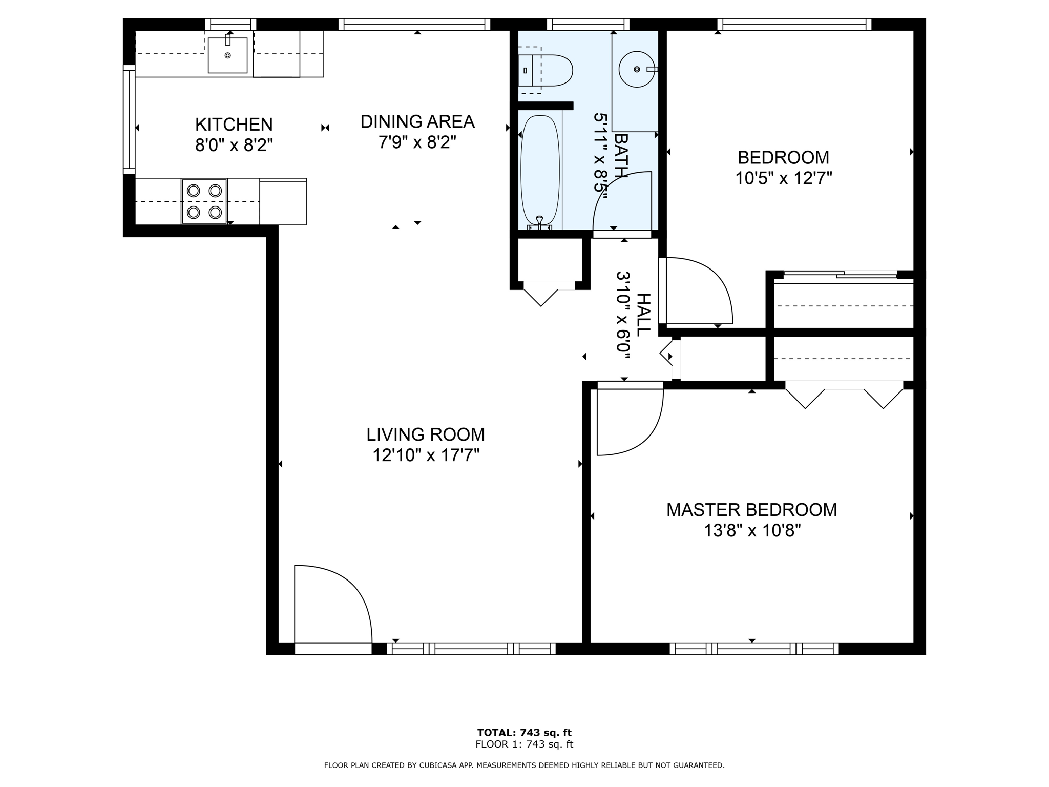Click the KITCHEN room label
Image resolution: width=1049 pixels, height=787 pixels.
click(x=234, y=125)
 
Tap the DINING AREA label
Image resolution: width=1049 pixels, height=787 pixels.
click(x=417, y=122)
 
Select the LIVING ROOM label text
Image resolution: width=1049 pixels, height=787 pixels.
click(x=426, y=434)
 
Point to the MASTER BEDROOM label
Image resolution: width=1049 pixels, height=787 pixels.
click(x=752, y=510)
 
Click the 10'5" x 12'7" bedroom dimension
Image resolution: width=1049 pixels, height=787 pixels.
click(x=784, y=178)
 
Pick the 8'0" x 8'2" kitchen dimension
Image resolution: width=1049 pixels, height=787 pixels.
click(x=234, y=146)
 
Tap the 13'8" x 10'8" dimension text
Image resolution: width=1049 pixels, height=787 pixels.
click(x=752, y=531)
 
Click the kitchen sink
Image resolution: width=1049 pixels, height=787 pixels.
click(x=228, y=55)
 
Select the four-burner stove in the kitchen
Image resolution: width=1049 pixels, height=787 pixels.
click(x=204, y=201)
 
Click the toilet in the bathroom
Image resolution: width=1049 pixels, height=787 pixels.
click(x=545, y=70)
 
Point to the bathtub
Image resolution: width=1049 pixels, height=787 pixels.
click(x=540, y=172)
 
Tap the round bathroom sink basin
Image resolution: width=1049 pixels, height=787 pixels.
click(x=637, y=69)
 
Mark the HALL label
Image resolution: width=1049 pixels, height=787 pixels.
click(x=643, y=315)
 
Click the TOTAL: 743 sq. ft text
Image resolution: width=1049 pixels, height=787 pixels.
click(x=524, y=733)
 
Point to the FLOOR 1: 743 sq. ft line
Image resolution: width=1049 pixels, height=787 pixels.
click(x=524, y=744)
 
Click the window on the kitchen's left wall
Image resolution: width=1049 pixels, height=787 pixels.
click(x=129, y=119)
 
